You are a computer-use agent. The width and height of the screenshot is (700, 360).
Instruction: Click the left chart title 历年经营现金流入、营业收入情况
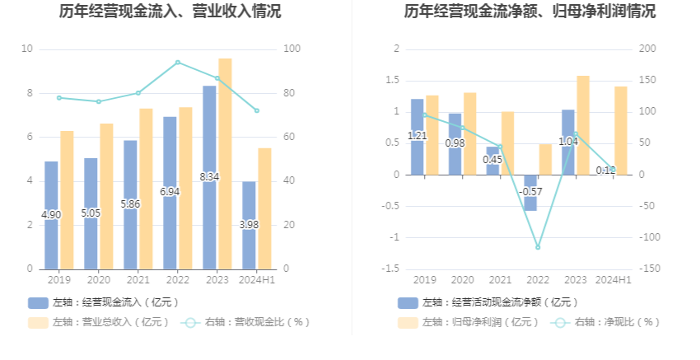(170, 12)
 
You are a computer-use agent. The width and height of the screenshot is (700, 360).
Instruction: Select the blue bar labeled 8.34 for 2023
(209, 177)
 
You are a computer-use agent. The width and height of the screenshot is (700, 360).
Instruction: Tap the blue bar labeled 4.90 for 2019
(51, 214)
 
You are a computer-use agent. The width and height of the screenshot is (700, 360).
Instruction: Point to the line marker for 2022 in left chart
(178, 63)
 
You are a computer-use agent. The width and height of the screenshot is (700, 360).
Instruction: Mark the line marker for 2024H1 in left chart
(257, 110)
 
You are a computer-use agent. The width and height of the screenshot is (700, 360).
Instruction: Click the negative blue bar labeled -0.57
(530, 193)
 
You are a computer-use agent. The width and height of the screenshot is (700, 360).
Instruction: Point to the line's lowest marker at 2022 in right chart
(538, 247)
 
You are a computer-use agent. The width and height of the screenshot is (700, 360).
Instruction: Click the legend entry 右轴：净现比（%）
(607, 322)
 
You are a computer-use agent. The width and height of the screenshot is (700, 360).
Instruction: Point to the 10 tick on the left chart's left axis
(27, 49)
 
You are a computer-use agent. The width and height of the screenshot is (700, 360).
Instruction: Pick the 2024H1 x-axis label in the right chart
(614, 280)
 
